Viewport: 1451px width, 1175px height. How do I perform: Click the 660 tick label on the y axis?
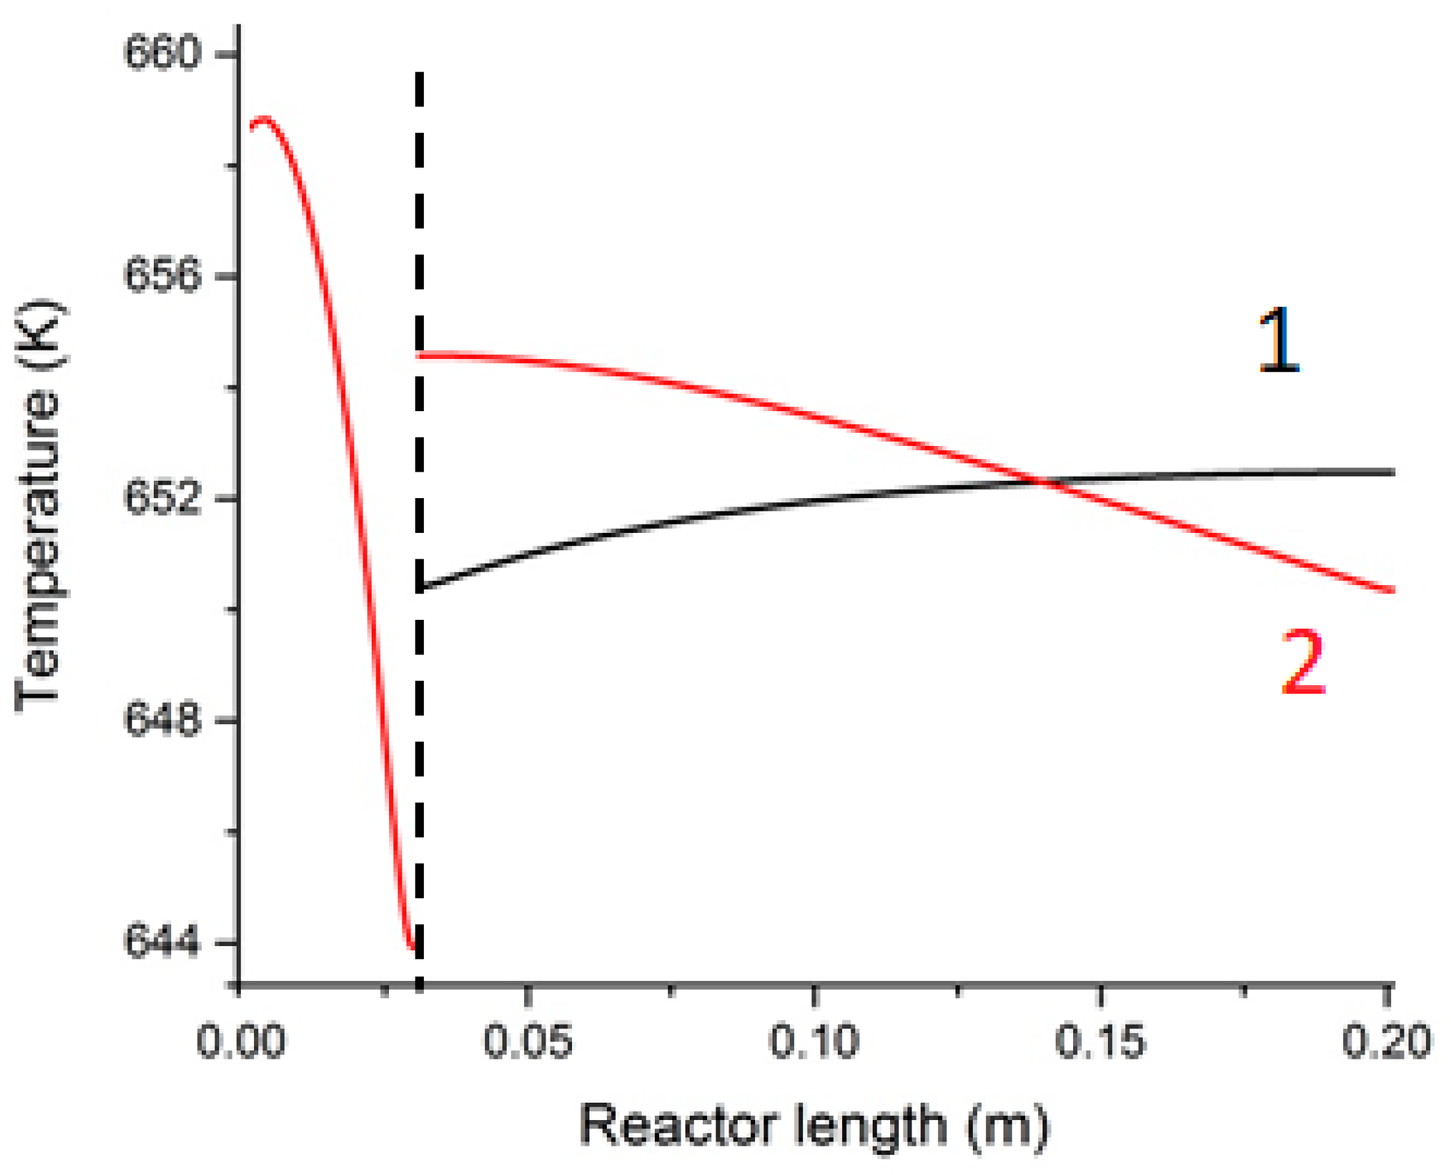(x=161, y=52)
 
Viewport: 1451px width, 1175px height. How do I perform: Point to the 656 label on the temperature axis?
(x=161, y=275)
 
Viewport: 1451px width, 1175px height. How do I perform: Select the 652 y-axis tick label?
(x=161, y=498)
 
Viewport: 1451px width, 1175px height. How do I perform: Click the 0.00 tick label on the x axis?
(x=240, y=1041)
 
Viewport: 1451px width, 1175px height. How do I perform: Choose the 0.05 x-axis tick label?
(x=528, y=1041)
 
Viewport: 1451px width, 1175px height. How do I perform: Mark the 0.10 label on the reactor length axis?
(x=814, y=1041)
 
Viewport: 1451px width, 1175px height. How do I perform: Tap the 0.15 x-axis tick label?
(x=1100, y=1041)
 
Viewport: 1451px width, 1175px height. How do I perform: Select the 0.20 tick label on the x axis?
(x=1386, y=1041)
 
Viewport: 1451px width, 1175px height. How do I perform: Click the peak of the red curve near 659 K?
(x=263, y=119)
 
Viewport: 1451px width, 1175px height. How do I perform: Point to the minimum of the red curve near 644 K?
(x=412, y=947)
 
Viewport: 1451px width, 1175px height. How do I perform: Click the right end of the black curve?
(x=1393, y=472)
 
